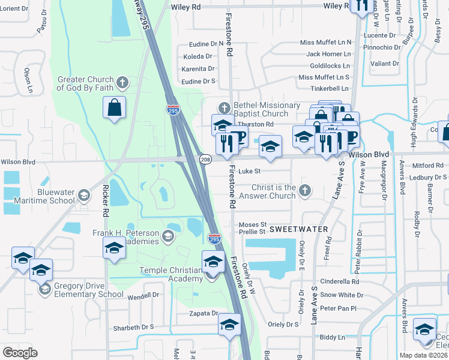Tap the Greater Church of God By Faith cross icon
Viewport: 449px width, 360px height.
click(x=122, y=82)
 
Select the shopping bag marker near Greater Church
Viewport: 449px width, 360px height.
click(x=114, y=109)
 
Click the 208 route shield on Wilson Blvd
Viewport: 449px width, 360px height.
click(x=205, y=159)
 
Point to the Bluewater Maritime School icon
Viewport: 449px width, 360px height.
click(x=84, y=195)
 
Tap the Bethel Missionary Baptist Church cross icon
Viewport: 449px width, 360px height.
click(x=224, y=108)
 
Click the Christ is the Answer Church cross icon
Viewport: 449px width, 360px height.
click(x=305, y=190)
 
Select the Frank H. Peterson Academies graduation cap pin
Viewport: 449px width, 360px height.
click(x=115, y=248)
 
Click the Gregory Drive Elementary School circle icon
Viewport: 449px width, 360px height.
click(x=44, y=289)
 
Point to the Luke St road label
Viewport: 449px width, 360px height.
click(x=249, y=171)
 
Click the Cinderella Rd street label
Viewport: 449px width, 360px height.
click(x=339, y=281)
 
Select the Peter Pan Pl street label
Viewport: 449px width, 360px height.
click(x=338, y=308)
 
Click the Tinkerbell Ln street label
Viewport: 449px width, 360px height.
click(x=330, y=89)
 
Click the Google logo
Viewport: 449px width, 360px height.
click(x=20, y=353)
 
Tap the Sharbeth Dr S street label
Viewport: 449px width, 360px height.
click(x=134, y=327)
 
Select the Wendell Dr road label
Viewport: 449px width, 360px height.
click(x=143, y=295)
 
